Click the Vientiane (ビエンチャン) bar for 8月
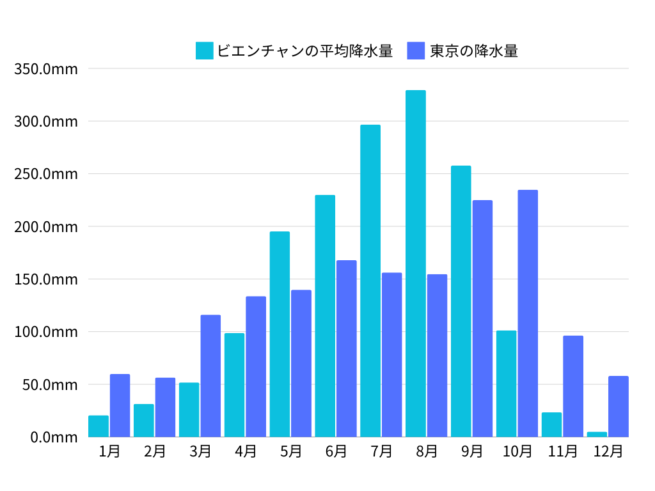click(x=415, y=263)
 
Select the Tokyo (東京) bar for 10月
click(x=528, y=313)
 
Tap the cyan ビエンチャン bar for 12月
click(x=597, y=434)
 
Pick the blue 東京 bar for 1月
click(x=120, y=405)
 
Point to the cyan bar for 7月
click(x=370, y=281)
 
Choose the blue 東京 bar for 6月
click(x=346, y=348)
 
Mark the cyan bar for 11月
click(x=551, y=425)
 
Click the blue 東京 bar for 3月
click(x=210, y=376)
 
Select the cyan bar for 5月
click(x=280, y=334)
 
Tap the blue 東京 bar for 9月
click(x=482, y=318)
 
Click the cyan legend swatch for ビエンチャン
click(x=204, y=51)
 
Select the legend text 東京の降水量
click(x=473, y=51)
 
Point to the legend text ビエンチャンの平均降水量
click(x=304, y=51)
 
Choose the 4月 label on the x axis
click(x=246, y=451)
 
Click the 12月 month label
click(x=608, y=451)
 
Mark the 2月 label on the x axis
click(x=155, y=451)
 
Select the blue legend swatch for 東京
click(x=416, y=51)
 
